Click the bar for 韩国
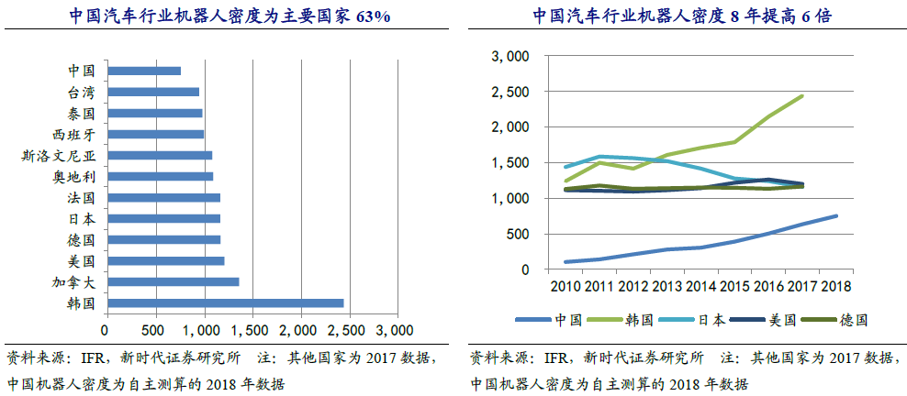[x=225, y=302]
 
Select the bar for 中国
[x=143, y=71]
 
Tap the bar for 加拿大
[x=173, y=281]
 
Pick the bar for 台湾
[x=152, y=92]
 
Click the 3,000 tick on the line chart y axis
[x=510, y=57]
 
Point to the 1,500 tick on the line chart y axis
[x=510, y=163]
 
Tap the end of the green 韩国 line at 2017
[x=802, y=95]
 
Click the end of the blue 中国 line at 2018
[x=836, y=216]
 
